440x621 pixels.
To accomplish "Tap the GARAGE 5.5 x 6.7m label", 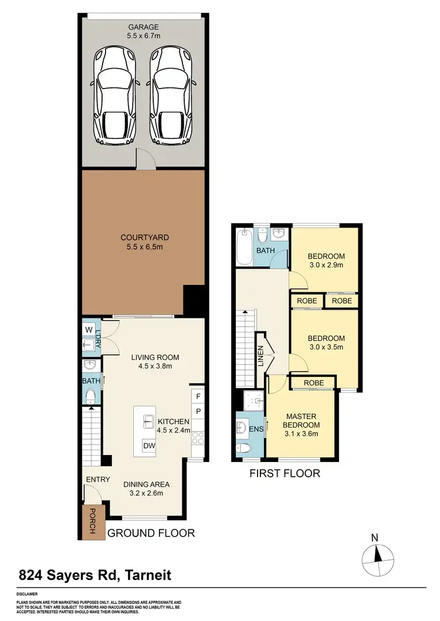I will coord(143,30).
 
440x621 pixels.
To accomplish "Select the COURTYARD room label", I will coord(145,237).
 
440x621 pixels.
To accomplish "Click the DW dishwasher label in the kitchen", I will coord(149,447).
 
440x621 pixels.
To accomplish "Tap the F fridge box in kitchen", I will coord(198,397).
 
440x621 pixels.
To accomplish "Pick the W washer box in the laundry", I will coord(89,329).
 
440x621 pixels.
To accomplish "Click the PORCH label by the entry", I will coord(92,521).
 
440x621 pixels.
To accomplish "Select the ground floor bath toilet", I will coord(90,398).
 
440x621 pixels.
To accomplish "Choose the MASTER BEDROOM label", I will coord(302,420).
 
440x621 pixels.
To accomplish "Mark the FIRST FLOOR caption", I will coord(285,473).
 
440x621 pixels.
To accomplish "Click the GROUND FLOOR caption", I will coord(151,533).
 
